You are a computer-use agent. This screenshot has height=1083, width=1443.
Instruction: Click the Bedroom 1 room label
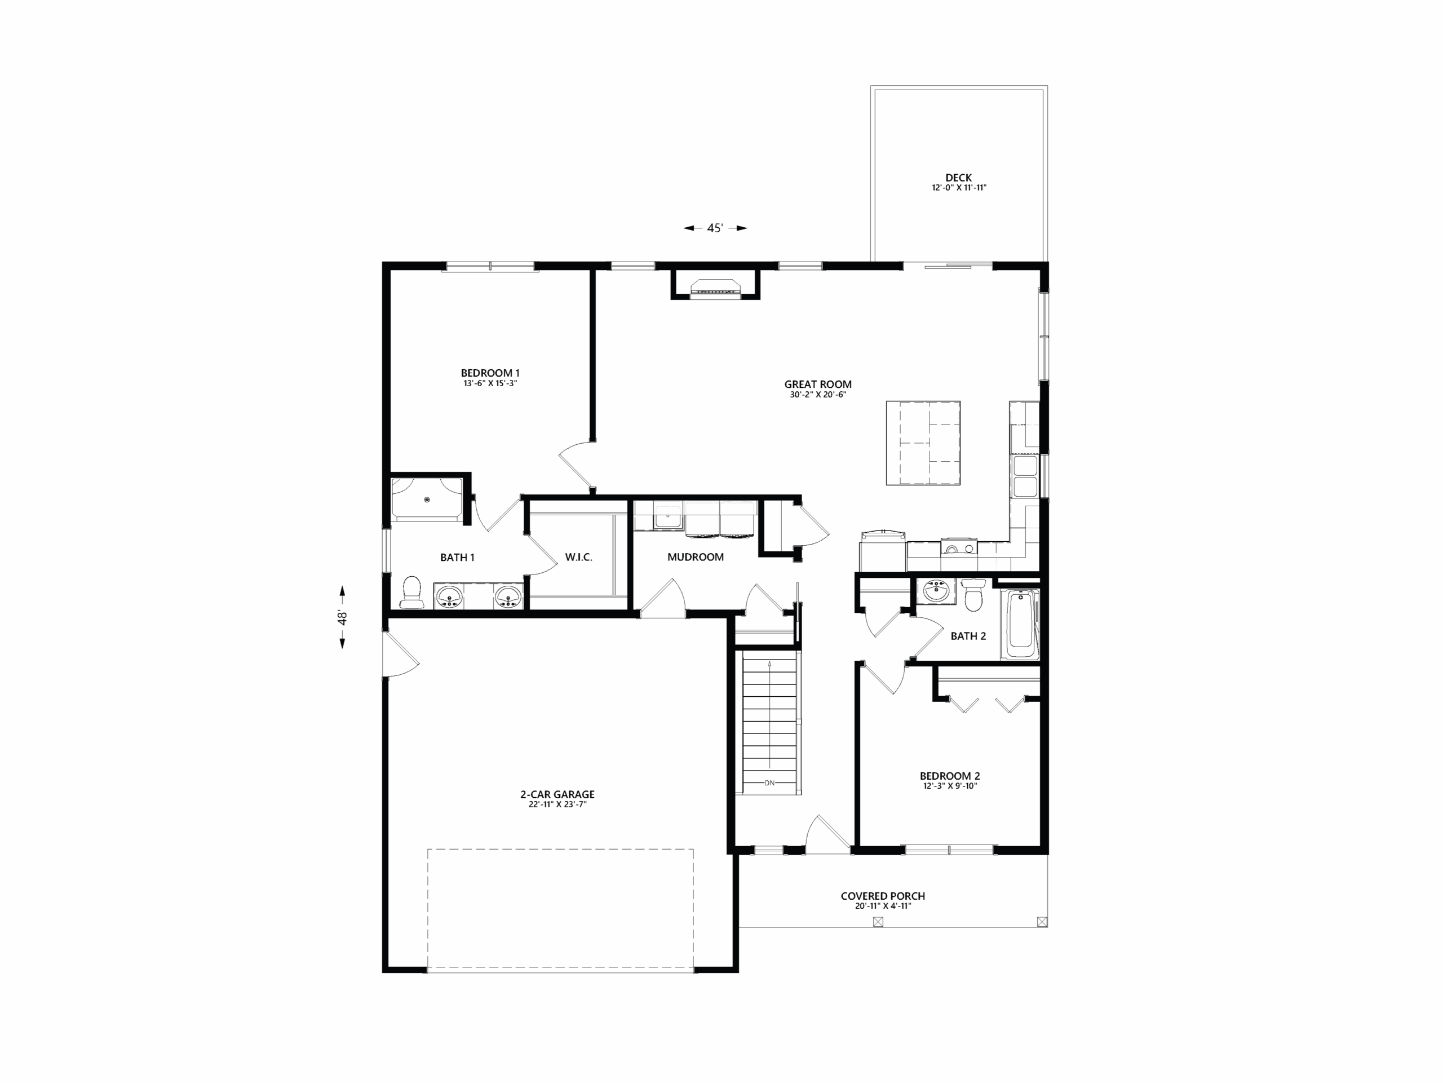pos(490,373)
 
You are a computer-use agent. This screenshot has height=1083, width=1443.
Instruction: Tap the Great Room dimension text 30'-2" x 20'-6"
pos(818,395)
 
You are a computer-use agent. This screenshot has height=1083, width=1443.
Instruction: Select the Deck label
pos(958,178)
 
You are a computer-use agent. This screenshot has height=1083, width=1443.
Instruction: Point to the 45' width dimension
pos(715,228)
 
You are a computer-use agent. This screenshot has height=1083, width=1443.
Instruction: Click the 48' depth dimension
pos(342,617)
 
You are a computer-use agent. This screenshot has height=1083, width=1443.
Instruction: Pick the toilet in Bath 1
pos(411,593)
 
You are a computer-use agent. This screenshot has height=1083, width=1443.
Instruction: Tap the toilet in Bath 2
pos(973,595)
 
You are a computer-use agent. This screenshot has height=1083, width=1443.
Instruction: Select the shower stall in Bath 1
pos(427,499)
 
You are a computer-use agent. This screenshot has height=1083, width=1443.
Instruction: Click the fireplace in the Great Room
pos(716,286)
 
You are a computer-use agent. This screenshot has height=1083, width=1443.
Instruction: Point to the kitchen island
pos(923,443)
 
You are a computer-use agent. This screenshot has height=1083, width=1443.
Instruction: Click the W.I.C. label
pos(579,557)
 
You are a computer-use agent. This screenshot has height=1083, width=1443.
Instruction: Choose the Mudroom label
pos(696,557)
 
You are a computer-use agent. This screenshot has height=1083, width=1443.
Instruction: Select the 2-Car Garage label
pos(557,794)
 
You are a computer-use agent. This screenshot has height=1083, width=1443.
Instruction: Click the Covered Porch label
pos(883,896)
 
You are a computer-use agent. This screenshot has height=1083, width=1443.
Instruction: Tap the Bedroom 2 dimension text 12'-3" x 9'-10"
pos(950,786)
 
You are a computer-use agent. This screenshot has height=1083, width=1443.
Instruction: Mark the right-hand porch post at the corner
pos(1042,922)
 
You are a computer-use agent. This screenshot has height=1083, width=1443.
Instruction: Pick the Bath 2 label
pos(968,636)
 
